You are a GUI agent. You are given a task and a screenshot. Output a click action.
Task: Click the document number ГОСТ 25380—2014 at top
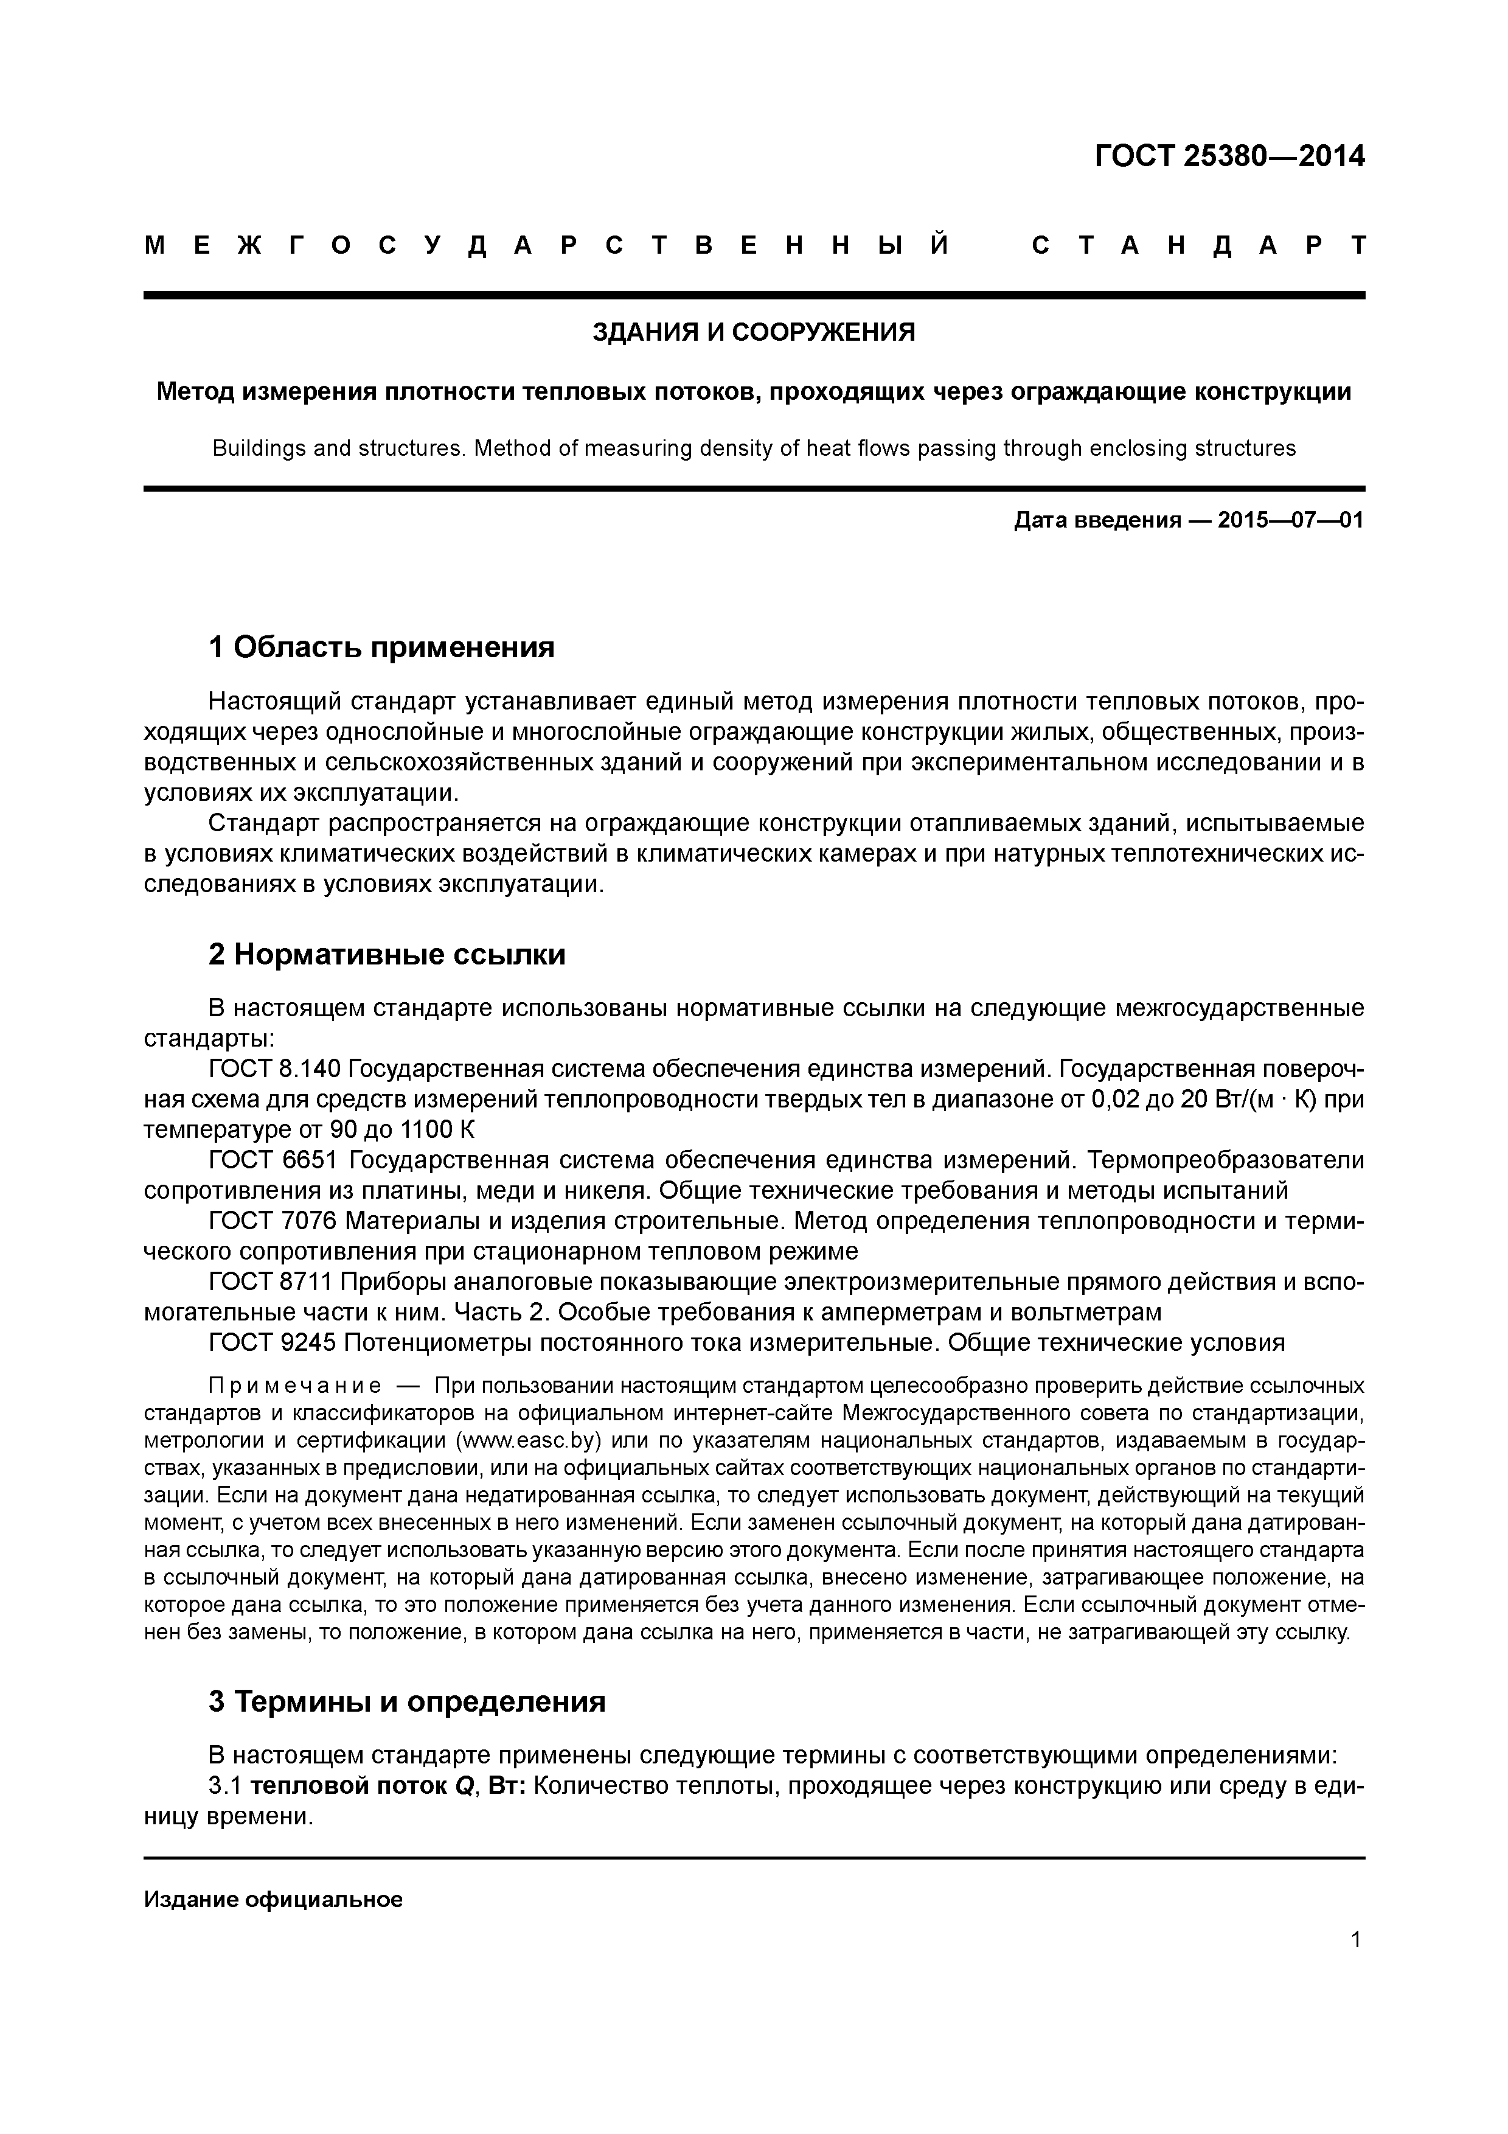pyautogui.click(x=1229, y=156)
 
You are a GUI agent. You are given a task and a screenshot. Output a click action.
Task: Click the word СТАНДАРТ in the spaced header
pyautogui.click(x=1198, y=246)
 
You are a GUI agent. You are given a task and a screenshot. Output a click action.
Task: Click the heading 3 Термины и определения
pyautogui.click(x=407, y=1701)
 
